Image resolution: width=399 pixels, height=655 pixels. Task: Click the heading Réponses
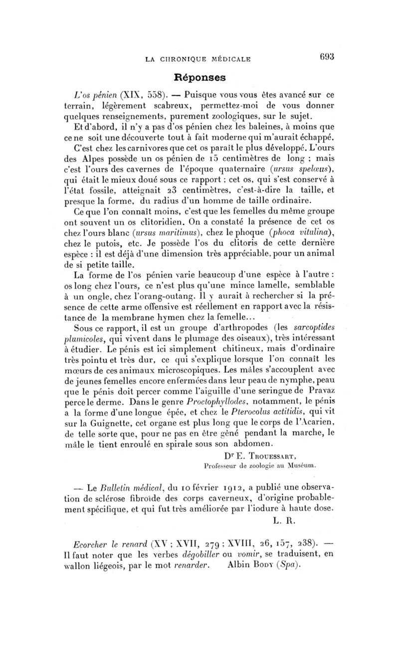click(199, 78)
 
